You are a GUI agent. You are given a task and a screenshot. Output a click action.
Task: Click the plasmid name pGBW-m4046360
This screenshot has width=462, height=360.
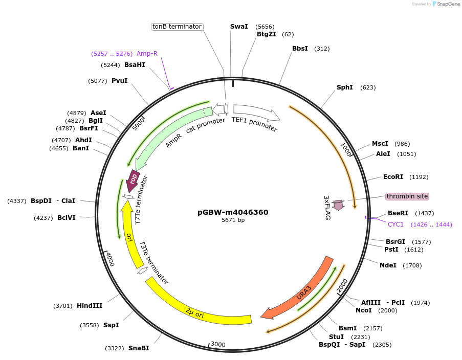[x=233, y=212]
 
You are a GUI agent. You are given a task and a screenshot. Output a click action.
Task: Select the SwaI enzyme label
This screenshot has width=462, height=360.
[x=239, y=26]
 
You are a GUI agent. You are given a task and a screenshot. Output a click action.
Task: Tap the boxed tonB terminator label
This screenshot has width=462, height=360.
[x=177, y=27]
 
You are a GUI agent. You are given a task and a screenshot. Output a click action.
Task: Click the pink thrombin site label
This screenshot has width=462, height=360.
[x=407, y=196]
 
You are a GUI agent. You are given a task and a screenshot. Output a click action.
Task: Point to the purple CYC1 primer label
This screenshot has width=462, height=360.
[x=395, y=224]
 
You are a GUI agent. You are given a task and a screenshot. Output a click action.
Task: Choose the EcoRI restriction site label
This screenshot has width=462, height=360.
[x=393, y=177]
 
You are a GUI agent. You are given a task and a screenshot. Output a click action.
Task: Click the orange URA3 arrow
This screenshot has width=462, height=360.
[x=302, y=292]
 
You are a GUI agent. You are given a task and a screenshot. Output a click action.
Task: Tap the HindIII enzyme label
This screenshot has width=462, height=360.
[x=90, y=306]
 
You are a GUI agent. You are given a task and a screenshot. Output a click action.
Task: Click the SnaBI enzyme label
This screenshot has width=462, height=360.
[x=139, y=348]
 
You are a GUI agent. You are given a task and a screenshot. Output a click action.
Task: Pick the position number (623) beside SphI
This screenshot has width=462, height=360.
[x=368, y=87]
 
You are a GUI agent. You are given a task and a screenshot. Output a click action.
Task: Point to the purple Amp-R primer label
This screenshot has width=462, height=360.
[x=147, y=54]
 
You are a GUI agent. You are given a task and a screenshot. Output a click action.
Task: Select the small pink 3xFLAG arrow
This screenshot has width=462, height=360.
[x=338, y=205]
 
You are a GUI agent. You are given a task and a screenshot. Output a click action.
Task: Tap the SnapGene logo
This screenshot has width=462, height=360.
[x=445, y=4]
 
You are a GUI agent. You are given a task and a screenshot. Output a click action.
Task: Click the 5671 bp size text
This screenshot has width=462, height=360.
[x=233, y=220]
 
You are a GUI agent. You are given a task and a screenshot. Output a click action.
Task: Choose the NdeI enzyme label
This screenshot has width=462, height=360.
[x=388, y=265]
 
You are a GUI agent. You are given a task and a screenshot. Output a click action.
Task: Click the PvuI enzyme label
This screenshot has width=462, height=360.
[x=120, y=81]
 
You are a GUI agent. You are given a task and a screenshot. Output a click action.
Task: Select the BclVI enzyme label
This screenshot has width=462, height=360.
[x=67, y=217]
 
